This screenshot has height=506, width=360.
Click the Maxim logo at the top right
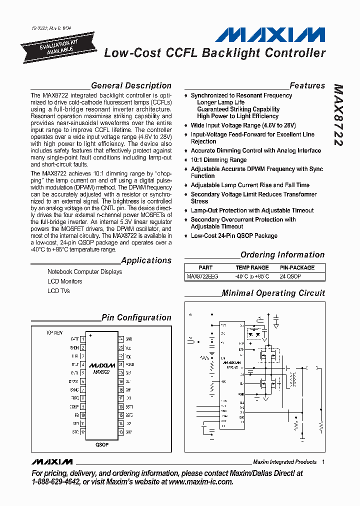(x=270, y=35)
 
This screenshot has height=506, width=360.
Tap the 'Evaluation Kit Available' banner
(x=56, y=46)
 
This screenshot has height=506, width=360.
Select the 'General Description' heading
(x=131, y=85)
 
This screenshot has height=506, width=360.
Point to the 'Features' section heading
(x=307, y=85)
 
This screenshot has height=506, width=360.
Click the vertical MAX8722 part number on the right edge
(x=338, y=114)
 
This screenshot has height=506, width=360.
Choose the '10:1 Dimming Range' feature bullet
(x=218, y=160)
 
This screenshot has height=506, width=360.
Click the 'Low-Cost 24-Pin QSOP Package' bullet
(x=234, y=235)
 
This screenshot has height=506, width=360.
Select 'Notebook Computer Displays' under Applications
(x=84, y=272)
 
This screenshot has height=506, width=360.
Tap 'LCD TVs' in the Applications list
(x=58, y=290)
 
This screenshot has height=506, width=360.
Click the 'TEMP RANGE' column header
(x=252, y=267)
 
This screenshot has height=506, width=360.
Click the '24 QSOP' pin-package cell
(x=290, y=276)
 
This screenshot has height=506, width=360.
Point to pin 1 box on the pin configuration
(x=82, y=339)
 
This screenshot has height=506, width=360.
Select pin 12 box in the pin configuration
(x=82, y=431)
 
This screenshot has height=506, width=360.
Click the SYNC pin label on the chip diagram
(x=74, y=389)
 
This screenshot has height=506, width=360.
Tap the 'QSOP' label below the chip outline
(x=101, y=444)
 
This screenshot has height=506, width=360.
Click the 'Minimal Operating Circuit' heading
(x=273, y=293)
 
